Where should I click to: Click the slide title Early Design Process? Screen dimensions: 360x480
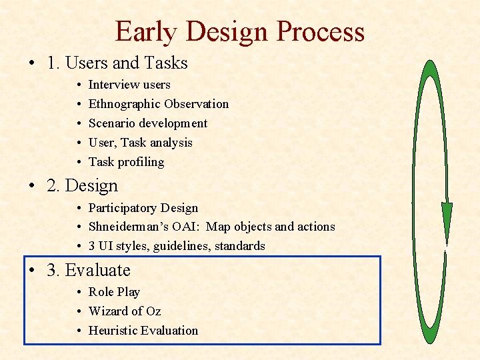(239, 31)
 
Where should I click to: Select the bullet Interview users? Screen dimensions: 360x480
(129, 85)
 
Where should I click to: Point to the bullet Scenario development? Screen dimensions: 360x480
(147, 123)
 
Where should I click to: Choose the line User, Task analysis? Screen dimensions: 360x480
(140, 143)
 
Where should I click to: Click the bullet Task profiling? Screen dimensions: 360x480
(126, 162)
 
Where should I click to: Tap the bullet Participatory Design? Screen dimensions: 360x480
(143, 208)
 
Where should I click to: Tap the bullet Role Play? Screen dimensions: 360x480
(114, 292)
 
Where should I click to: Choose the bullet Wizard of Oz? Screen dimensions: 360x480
(124, 311)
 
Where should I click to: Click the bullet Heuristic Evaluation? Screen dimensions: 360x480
(143, 331)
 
